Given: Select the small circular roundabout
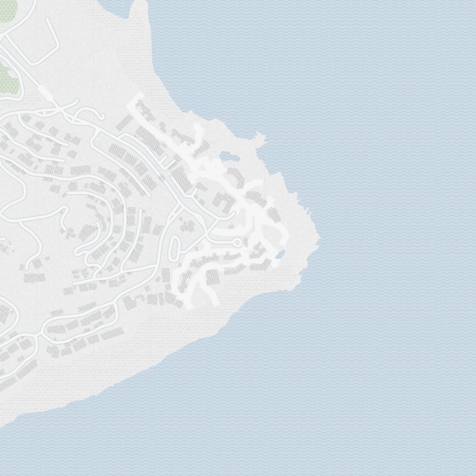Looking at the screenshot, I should click(x=237, y=243).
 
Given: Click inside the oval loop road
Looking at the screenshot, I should click(x=175, y=248).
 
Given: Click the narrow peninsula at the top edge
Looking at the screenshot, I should click(x=139, y=12).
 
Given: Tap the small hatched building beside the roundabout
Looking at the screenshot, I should click(x=246, y=243).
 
